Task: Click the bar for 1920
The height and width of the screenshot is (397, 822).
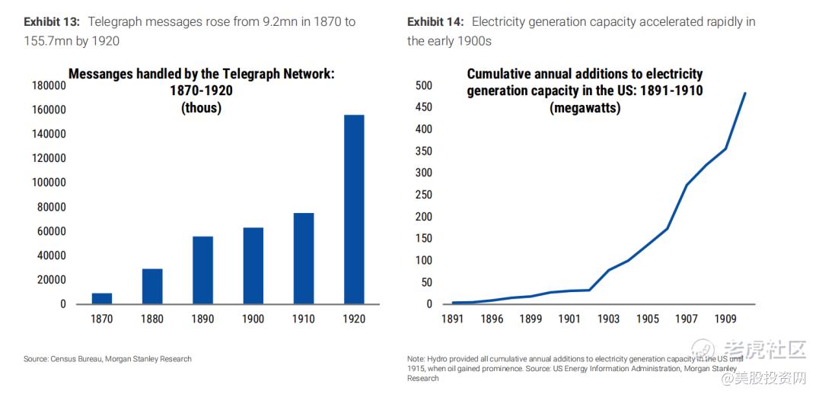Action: coord(354,209)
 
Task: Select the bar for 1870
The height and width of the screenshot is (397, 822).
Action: coord(102,298)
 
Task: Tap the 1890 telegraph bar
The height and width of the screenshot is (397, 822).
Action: coord(202,270)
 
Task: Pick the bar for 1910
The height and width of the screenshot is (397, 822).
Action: coord(304,258)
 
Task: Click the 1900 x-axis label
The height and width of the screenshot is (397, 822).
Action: coord(253,319)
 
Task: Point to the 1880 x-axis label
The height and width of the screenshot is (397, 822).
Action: coord(152,319)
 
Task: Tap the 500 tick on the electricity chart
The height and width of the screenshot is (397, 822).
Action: coord(424,85)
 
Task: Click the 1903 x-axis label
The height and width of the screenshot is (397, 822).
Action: coord(609,319)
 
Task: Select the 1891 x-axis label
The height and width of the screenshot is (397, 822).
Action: coord(452,319)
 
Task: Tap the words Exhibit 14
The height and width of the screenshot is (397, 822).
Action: coord(435,22)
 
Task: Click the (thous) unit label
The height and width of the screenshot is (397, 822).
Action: coord(201,108)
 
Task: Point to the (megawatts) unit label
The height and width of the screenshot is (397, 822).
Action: coord(585,108)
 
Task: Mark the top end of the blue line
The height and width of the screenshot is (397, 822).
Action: coord(745,93)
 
